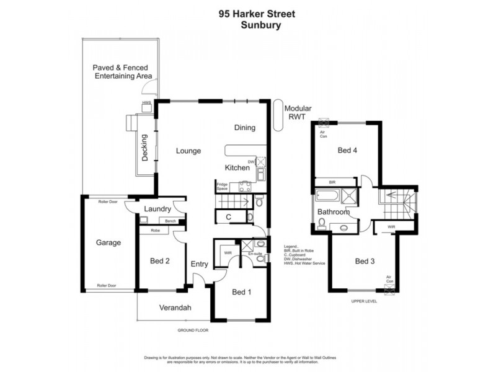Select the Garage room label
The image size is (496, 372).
pyautogui.click(x=108, y=242)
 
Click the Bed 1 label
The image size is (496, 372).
pyautogui.click(x=242, y=292)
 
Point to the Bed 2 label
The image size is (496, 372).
pyautogui.click(x=160, y=261)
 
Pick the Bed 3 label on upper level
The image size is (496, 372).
pyautogui.click(x=365, y=261)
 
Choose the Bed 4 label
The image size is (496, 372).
pyautogui.click(x=347, y=150)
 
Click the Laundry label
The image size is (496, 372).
pyautogui.click(x=157, y=209)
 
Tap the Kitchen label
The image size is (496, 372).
pyautogui.click(x=237, y=168)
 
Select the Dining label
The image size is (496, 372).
pyautogui.click(x=245, y=128)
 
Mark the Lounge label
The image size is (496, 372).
pyautogui.click(x=187, y=151)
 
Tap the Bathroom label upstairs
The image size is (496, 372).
pyautogui.click(x=334, y=212)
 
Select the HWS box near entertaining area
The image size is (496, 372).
pyautogui.click(x=147, y=107)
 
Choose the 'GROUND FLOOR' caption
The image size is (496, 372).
pyautogui.click(x=193, y=330)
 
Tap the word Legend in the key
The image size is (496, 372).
pyautogui.click(x=291, y=246)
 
